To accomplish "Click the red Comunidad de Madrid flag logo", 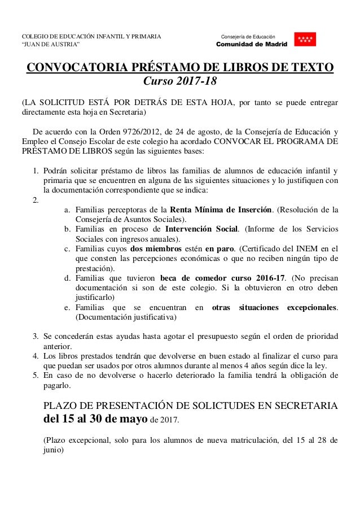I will pos(305,39).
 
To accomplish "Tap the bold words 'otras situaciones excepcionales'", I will pos(274,308).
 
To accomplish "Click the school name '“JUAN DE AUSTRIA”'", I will pos(50,44).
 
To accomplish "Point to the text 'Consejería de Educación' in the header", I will pos(248,35).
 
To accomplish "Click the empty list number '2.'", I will pos(36,200).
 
